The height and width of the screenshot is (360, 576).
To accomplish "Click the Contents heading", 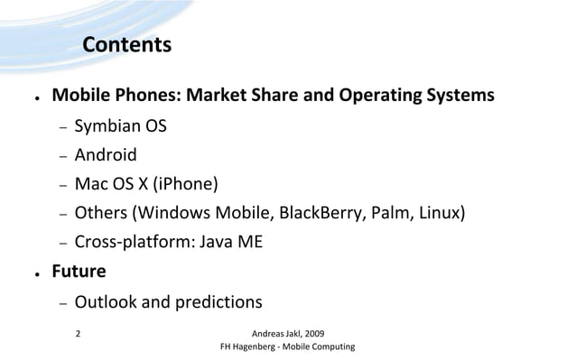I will (126, 45).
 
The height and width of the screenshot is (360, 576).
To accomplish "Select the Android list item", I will (106, 156).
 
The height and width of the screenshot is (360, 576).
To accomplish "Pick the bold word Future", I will (79, 271).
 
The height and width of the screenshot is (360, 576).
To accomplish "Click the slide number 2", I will (78, 332).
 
